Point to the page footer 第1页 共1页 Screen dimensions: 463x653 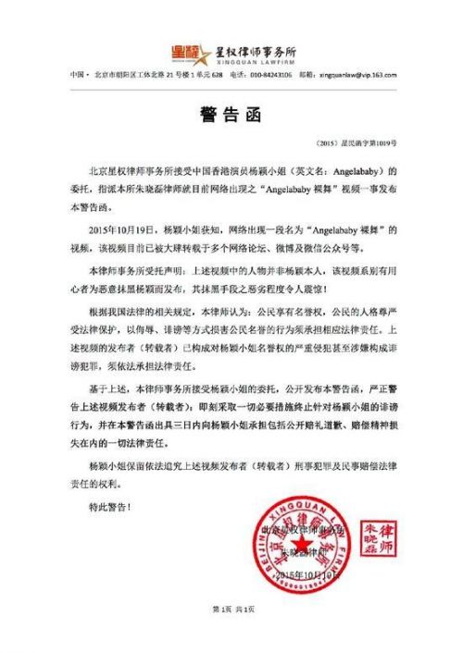pos(231,636)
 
